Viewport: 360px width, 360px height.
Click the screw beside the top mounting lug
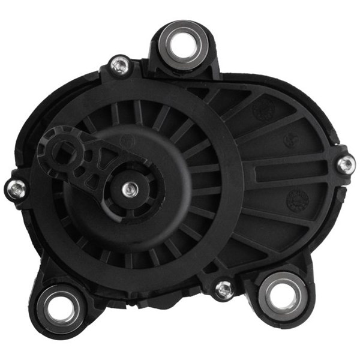pos(120,65)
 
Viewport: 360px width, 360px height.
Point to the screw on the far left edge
pos(16,190)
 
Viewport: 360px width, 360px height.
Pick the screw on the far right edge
pos(345,163)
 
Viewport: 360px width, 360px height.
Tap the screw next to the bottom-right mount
pos(224,289)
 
